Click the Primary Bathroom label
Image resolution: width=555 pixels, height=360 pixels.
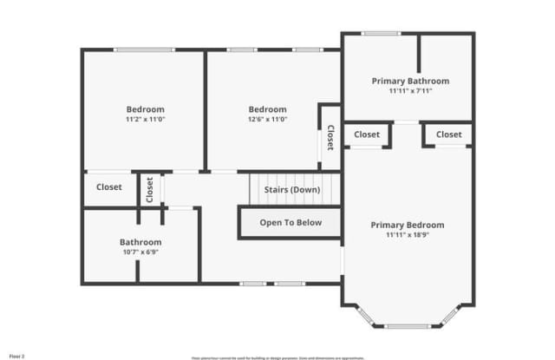coord(410,81)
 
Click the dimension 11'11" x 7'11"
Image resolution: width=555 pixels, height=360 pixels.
coord(410,90)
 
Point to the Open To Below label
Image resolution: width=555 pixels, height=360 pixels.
coord(291,222)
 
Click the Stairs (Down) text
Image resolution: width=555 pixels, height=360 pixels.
coord(291,189)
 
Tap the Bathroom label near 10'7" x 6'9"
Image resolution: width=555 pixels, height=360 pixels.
coord(140,242)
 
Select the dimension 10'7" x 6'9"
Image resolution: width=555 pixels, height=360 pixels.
coord(140,252)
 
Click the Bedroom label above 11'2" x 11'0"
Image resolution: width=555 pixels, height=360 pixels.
coord(145,109)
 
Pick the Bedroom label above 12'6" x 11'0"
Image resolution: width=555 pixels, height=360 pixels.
coord(267,109)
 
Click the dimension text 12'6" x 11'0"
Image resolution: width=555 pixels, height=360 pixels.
coord(267,119)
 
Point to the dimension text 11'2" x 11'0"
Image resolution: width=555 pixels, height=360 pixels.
coord(145,119)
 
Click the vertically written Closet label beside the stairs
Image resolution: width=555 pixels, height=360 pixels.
coord(330,137)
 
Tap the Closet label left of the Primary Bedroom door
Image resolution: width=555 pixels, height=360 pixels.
coord(366,134)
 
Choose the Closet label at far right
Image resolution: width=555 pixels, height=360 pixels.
coord(448,134)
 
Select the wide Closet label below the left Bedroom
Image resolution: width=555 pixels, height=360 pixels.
coord(109,187)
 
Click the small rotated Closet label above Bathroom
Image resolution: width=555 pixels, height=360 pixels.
coord(149,189)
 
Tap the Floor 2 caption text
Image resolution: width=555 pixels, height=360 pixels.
coord(16,356)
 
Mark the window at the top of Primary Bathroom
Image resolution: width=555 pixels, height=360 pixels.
coord(380,33)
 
